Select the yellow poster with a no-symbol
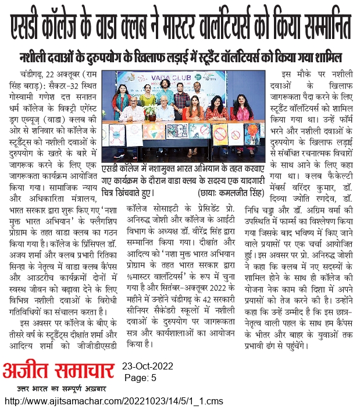[x=221, y=134]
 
